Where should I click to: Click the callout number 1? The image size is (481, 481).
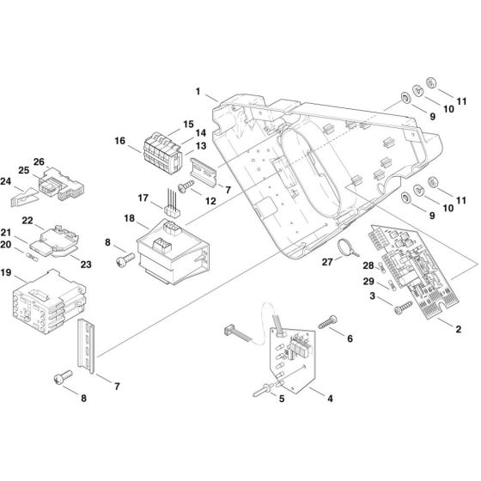[x=198, y=90]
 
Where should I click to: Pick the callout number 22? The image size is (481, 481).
[x=27, y=221]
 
